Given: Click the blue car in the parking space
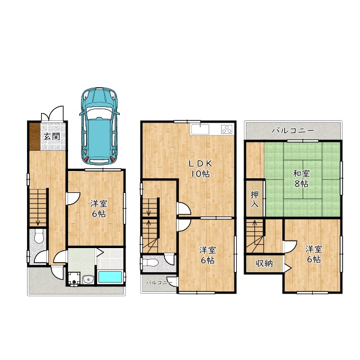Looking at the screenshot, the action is [99, 126].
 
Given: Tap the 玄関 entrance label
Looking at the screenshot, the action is [52, 136].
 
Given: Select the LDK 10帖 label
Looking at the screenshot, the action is [200, 169].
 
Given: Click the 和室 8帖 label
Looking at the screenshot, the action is [301, 179].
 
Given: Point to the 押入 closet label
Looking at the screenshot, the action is [254, 199].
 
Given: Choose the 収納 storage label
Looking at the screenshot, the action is [264, 263].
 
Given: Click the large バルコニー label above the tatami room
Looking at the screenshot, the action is [292, 131].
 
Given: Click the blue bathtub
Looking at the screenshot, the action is [110, 277].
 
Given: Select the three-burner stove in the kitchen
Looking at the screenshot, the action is [227, 129].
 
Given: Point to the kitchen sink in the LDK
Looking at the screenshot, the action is [200, 129].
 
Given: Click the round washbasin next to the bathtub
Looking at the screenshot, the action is [88, 279].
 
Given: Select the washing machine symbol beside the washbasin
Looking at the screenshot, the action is [74, 279].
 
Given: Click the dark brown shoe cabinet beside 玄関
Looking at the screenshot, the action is [35, 137].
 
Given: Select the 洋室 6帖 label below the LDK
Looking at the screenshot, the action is [208, 255].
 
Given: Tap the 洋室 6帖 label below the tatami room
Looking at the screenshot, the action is [314, 254].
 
